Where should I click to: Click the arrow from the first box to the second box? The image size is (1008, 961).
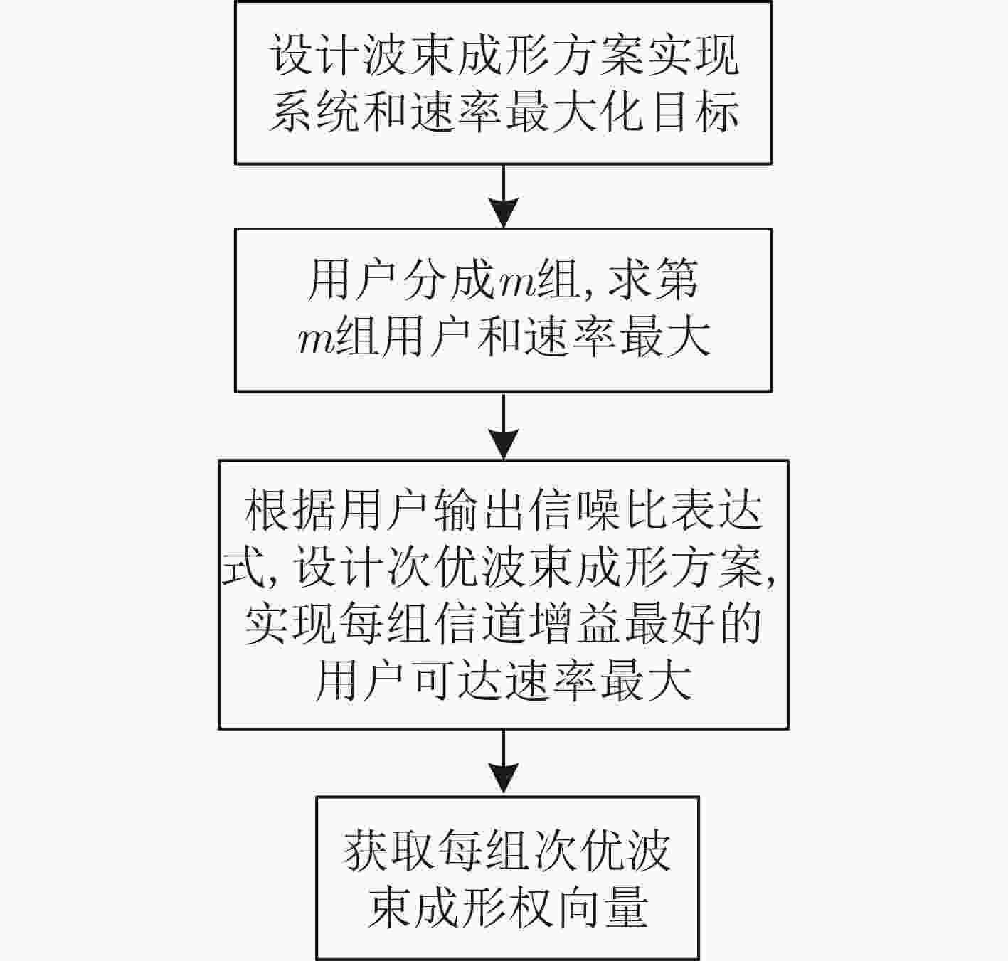point(504,196)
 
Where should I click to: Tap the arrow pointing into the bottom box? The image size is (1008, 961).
point(504,763)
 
